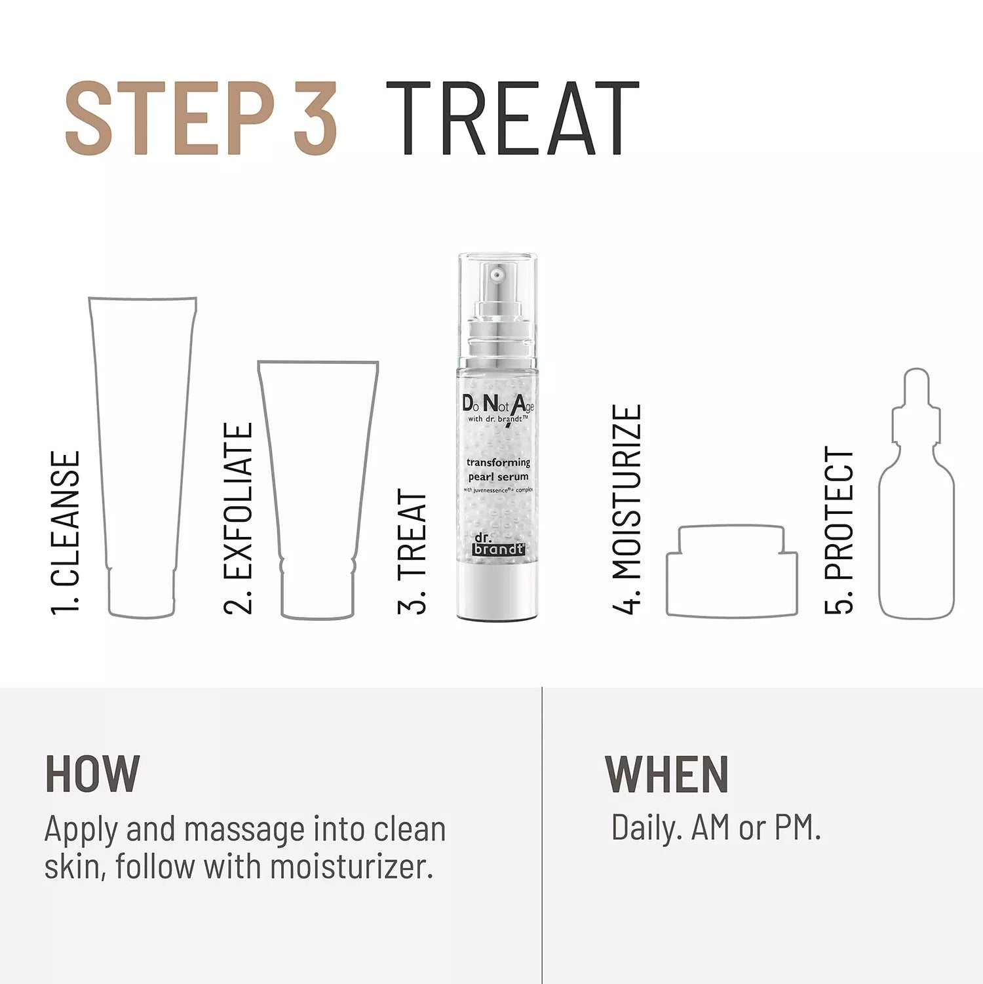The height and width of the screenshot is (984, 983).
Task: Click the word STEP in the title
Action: click(170, 118)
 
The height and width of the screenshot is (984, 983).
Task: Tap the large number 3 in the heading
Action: click(315, 118)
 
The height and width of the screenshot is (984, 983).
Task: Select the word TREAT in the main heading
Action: click(512, 119)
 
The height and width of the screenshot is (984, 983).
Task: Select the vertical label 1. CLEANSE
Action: click(66, 533)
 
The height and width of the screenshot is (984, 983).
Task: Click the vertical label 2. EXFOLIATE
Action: click(239, 519)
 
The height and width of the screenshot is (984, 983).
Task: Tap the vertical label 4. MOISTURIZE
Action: click(626, 509)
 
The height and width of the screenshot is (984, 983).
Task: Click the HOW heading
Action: click(92, 774)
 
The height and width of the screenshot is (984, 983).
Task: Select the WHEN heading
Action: click(666, 774)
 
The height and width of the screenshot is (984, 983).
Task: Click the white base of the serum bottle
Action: click(497, 593)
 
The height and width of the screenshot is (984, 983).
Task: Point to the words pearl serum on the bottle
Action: click(499, 477)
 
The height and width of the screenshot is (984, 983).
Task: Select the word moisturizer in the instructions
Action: click(351, 867)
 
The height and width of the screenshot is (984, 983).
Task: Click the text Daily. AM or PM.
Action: click(716, 827)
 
